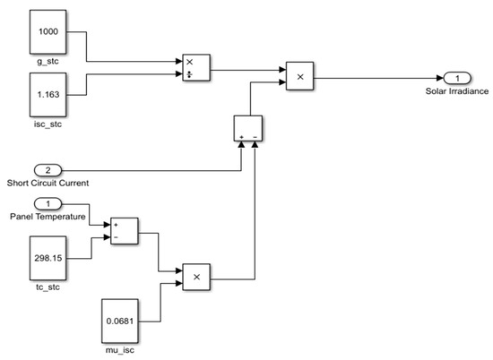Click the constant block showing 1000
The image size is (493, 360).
(48, 32)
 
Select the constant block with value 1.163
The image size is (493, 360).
(48, 93)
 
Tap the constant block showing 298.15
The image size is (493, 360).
(48, 258)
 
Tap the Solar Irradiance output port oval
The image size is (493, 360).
(454, 78)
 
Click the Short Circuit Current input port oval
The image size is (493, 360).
(48, 169)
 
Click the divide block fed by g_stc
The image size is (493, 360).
(195, 67)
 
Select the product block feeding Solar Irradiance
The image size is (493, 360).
(300, 78)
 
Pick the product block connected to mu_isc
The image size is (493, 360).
(196, 279)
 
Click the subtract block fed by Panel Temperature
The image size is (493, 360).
(123, 229)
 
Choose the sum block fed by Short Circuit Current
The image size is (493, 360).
(247, 128)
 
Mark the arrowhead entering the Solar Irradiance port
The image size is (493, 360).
(436, 78)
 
